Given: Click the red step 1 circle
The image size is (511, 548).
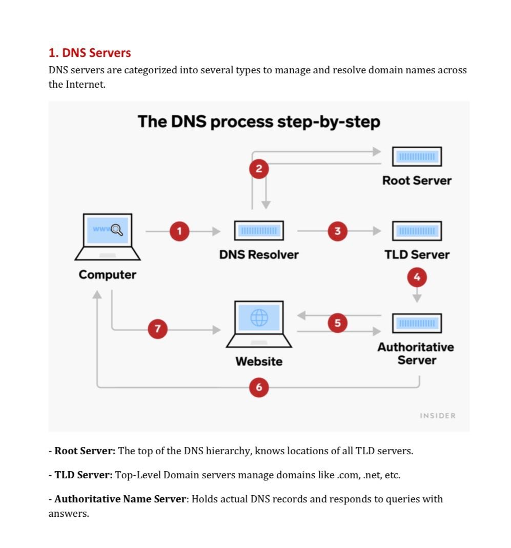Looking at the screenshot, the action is tap(179, 231).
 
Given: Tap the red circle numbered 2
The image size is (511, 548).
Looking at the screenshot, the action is tap(259, 169).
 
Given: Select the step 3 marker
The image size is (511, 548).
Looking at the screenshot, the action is tap(337, 231).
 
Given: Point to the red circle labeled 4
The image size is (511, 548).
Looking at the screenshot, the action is tap(417, 277).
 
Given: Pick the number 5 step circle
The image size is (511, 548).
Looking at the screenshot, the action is tap(337, 322).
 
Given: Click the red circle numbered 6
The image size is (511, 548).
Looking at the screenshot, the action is tap(259, 387).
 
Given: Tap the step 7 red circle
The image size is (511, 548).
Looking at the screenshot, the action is tap(158, 329).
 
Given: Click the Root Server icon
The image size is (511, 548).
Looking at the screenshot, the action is tap(417, 156).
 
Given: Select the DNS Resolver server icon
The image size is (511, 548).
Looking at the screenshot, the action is tap(259, 231).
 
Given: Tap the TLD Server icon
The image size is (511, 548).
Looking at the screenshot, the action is tap(417, 231).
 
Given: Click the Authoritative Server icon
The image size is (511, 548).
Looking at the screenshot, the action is tap(417, 323).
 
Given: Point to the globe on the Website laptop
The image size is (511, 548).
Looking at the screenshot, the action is tap(259, 317).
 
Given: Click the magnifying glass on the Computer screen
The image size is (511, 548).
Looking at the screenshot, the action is tap(117, 230).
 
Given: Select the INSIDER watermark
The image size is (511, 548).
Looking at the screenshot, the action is tap(438, 416).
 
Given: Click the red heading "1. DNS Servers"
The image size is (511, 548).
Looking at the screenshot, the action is tap(90, 53).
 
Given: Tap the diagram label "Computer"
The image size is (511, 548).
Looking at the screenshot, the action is tap(107, 275).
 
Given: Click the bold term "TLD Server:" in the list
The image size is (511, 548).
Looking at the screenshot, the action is tap(84, 475).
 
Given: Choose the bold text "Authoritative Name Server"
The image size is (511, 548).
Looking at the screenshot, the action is tap(120, 499).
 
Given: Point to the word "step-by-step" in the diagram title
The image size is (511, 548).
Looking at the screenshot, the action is tap(329, 122).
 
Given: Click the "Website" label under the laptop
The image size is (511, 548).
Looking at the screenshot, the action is tap(259, 361).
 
